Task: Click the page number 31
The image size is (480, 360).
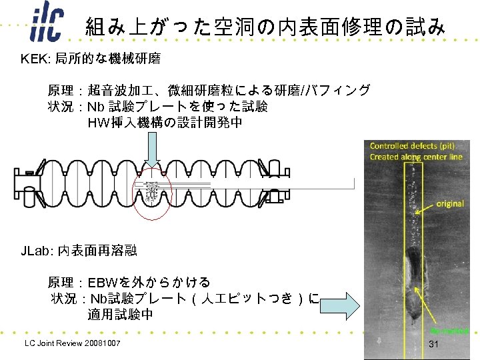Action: pos(433,343)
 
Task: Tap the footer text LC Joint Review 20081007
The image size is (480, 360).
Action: pos(72,343)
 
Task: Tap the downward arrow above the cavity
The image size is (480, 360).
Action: pos(153,148)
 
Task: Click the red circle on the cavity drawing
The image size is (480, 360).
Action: pos(153,193)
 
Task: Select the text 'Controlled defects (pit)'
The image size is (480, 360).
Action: pos(413,146)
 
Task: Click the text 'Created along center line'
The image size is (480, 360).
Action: pos(417,157)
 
